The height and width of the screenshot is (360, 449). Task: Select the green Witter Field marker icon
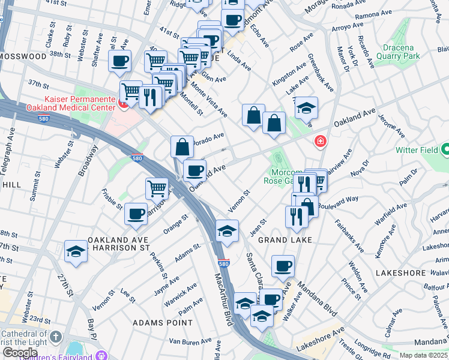point(445,149)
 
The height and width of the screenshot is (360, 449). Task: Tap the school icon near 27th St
point(76,252)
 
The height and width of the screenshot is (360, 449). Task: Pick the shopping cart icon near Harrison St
point(157,188)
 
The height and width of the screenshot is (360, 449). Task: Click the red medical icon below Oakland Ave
point(321,142)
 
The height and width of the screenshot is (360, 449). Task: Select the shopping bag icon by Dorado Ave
point(181,146)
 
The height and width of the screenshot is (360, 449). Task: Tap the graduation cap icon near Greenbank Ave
point(306,108)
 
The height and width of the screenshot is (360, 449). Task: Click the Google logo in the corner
point(20,352)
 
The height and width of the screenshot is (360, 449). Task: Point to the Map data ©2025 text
point(423,355)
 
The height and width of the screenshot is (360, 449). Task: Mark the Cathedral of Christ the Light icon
point(56,336)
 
